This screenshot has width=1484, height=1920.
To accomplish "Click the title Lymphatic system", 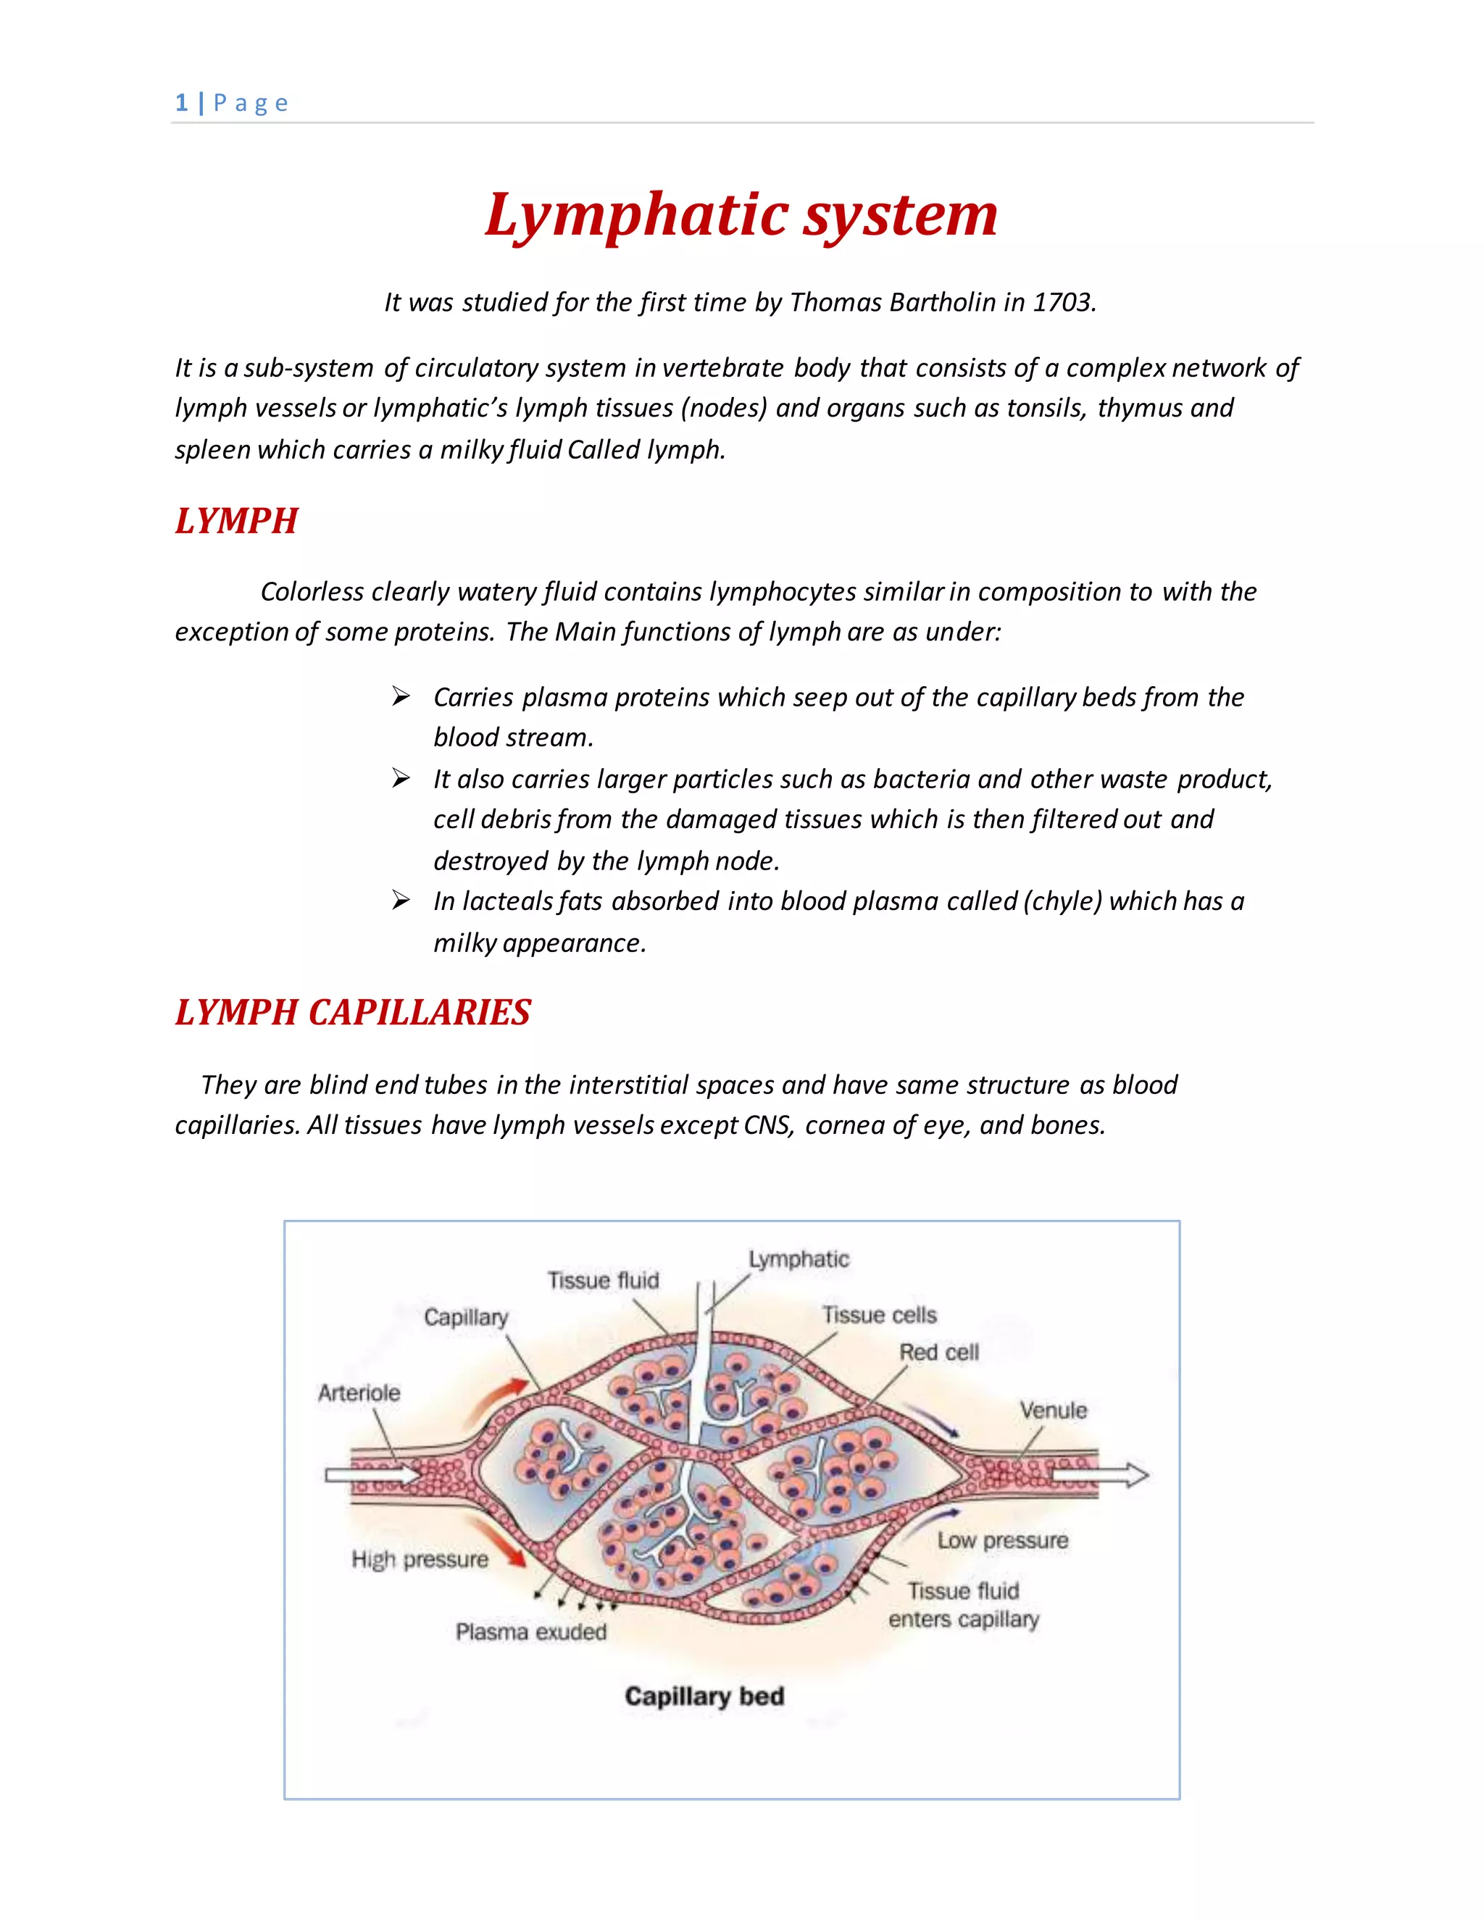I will point(741,215).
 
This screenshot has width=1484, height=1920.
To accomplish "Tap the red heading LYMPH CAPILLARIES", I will point(353,1013).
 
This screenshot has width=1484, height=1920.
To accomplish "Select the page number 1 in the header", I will point(181,103).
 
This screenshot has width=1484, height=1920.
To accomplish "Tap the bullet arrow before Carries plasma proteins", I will point(401,697).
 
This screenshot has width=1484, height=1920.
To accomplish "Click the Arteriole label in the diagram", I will point(359,1393).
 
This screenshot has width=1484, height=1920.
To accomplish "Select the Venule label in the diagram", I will point(1053,1410).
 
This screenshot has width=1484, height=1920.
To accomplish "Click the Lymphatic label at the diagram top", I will point(799,1259).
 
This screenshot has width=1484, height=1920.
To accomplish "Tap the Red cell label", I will point(938,1352).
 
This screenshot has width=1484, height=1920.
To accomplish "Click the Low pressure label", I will point(1002,1540).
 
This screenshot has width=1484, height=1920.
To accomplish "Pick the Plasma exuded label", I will point(531,1632).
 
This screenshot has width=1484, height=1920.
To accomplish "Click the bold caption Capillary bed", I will point(704,1696).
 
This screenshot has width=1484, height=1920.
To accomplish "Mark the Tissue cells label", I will point(879,1315).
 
